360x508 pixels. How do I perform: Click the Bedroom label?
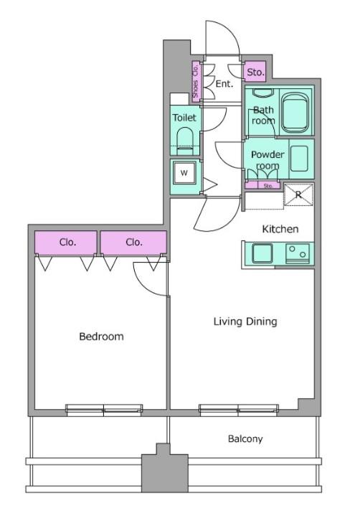tap(101, 337)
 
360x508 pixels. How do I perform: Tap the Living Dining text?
tap(245, 321)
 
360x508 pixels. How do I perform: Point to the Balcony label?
tap(245, 439)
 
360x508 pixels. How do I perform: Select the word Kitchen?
tap(280, 229)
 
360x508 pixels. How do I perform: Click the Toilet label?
tap(184, 117)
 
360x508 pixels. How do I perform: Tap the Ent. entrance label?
tap(224, 84)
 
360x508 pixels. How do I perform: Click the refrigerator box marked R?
tap(298, 194)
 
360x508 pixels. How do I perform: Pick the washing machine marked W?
tap(184, 172)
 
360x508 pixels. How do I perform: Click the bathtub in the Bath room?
tap(295, 113)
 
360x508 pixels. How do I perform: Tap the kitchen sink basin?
tap(262, 253)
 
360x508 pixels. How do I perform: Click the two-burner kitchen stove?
tap(298, 253)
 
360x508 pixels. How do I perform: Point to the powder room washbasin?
tap(299, 159)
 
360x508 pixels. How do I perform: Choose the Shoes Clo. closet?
tap(196, 81)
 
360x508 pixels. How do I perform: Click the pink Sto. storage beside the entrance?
tap(255, 72)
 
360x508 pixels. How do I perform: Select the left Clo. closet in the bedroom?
tap(66, 243)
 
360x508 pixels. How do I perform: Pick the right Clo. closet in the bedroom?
tap(133, 243)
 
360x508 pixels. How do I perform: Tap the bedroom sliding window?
tap(104, 410)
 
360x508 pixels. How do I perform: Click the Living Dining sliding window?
tap(239, 410)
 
